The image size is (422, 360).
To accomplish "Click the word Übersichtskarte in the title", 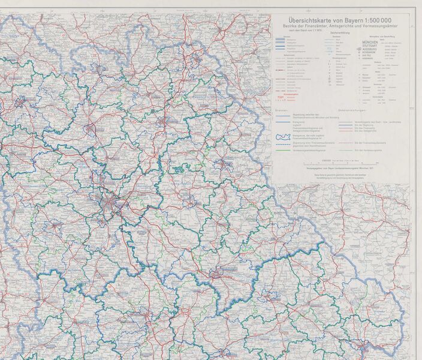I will tap(306, 20).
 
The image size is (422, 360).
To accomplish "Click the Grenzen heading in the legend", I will tap(282, 111).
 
